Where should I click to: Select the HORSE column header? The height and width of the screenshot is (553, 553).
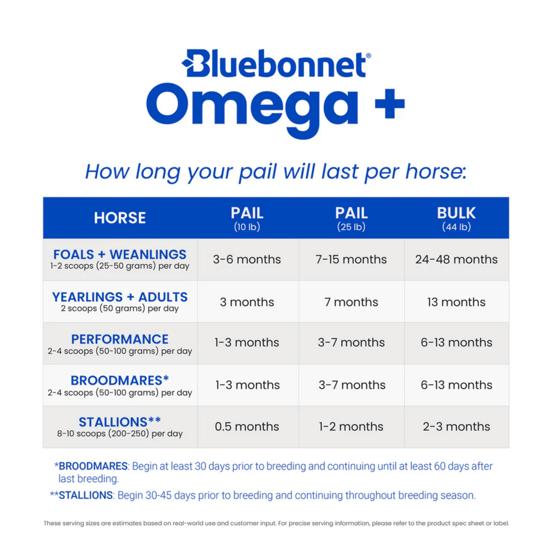pos(120,218)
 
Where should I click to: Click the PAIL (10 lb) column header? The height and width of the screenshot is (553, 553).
pos(247,218)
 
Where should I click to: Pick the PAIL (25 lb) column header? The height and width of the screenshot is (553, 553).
pos(351,218)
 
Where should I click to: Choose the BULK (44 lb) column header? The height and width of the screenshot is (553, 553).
pos(456,218)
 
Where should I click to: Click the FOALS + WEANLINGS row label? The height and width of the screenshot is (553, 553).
pos(120,255)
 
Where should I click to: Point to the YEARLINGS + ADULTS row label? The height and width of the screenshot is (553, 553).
pos(120,298)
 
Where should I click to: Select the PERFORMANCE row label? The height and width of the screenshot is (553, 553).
pos(120,339)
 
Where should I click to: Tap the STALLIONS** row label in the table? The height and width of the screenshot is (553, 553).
pos(120,422)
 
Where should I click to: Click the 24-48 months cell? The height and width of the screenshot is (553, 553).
pos(456,259)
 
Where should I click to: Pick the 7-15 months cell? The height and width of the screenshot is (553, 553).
pos(351,259)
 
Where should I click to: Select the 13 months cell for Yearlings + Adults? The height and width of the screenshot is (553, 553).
pos(456,302)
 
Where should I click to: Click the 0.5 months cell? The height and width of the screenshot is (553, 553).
pos(247,426)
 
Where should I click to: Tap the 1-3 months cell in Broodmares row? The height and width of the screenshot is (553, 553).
pos(247,385)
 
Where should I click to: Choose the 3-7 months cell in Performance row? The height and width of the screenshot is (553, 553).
pos(351,343)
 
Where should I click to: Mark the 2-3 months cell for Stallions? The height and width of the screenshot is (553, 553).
pos(456,426)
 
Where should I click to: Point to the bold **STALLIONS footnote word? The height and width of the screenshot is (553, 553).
pos(86,495)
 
